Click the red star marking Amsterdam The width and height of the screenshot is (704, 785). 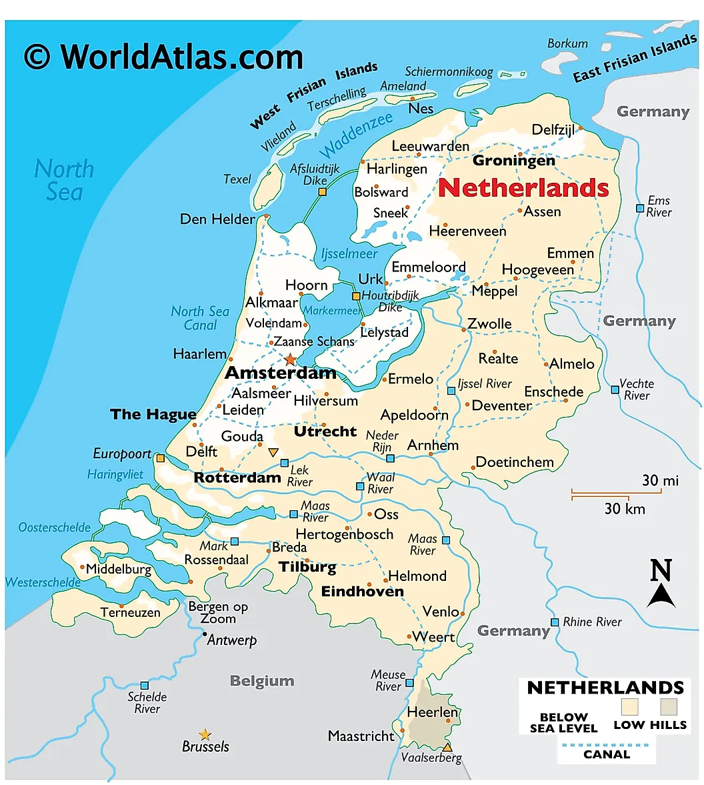(x=291, y=359)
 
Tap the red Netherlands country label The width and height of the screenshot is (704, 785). (x=523, y=188)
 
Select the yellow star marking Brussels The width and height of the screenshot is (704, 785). (x=205, y=735)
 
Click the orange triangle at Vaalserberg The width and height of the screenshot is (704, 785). (x=447, y=747)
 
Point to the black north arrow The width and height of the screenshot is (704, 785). (x=661, y=594)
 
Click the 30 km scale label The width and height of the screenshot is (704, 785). (x=625, y=509)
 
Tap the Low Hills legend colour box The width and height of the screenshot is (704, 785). (x=669, y=707)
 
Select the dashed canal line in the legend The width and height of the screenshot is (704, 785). (x=606, y=744)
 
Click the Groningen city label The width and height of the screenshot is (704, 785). (x=513, y=161)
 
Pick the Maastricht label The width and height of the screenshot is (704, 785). (x=361, y=736)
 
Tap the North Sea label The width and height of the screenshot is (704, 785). (x=64, y=180)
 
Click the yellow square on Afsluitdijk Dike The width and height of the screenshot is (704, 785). (x=323, y=192)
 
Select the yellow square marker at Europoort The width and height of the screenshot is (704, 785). (x=160, y=458)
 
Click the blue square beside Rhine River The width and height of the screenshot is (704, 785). (x=555, y=622)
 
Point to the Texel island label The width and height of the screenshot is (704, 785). (x=237, y=179)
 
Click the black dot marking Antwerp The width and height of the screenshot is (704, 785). (x=205, y=634)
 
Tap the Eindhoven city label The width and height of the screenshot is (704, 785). (x=363, y=592)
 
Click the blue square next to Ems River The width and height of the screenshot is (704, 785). (x=639, y=207)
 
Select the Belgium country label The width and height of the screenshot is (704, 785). (x=262, y=681)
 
